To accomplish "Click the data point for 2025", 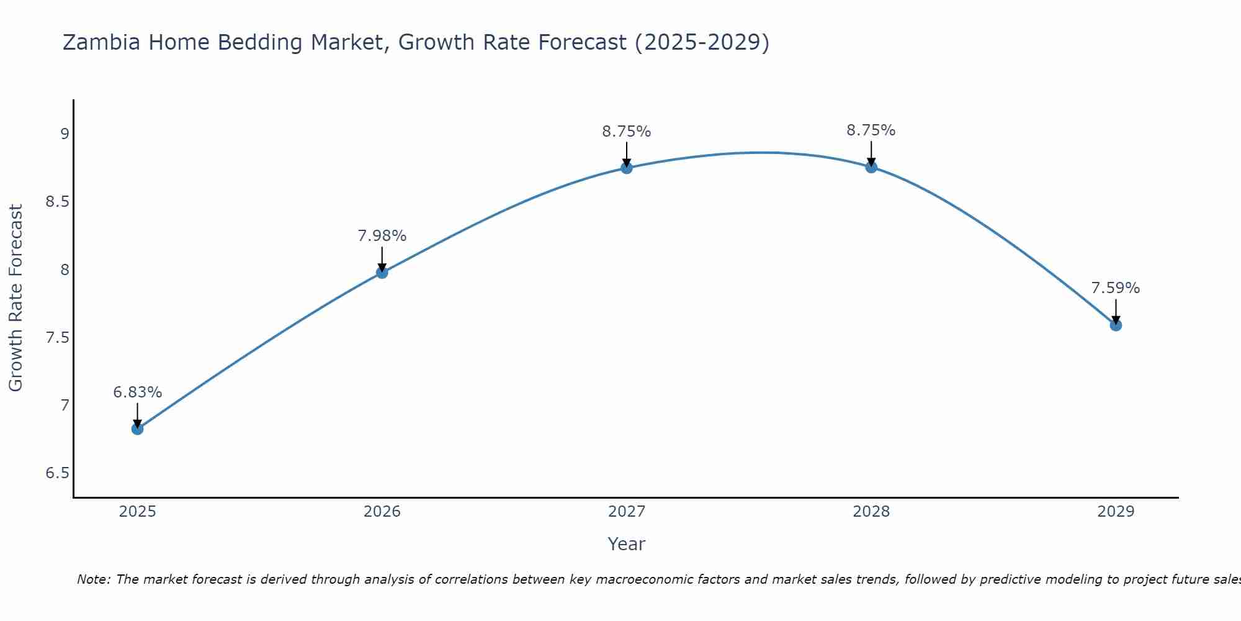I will coord(138,428).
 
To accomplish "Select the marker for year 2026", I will coord(382,272).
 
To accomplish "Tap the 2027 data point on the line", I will coord(627,168).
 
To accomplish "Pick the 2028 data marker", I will coord(871,166).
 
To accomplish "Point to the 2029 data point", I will coord(1116,325).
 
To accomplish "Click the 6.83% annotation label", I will coord(138,392).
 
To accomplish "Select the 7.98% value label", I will coord(382,236).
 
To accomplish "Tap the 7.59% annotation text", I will coord(1116,288).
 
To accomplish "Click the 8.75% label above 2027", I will coord(627,132).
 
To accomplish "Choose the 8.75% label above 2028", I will coord(871,130).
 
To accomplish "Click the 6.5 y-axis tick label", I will coord(57,473).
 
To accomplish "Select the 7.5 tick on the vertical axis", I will coord(57,338).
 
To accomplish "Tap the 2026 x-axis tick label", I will coord(382,512).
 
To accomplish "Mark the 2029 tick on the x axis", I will coord(1116,512).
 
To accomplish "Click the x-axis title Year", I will coord(627,544).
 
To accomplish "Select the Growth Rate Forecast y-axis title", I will coord(16,298).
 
